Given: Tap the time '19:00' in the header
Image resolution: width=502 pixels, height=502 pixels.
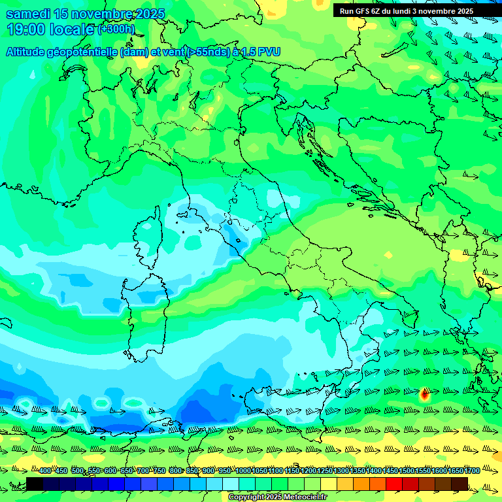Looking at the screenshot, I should point(26,29).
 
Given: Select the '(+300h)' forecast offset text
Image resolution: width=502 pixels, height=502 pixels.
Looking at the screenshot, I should point(116,29).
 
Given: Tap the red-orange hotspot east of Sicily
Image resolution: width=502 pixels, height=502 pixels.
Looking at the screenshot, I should point(424,393).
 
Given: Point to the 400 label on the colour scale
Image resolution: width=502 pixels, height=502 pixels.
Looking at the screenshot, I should point(44,471).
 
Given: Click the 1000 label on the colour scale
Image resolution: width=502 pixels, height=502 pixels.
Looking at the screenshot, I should point(243,471).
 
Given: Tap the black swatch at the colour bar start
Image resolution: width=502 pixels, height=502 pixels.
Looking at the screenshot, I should point(35,484).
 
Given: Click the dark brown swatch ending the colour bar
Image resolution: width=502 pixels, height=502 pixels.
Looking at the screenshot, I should point(460,484).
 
